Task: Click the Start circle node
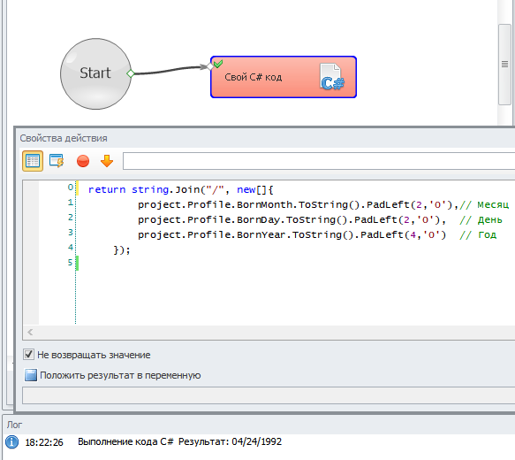point(95,73)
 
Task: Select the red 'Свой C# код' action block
point(284,77)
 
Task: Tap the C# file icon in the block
point(332,77)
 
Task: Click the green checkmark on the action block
point(218,64)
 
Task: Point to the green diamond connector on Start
point(131,73)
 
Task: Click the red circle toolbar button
point(83,161)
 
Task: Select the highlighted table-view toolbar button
point(33,161)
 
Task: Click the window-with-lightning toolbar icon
point(57,161)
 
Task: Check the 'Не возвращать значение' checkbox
point(28,355)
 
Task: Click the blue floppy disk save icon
point(31,375)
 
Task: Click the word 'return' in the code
point(107,189)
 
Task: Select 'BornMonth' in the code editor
point(264,205)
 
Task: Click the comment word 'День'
point(489,220)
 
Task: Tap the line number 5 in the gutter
point(70,263)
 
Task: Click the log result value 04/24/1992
point(256,441)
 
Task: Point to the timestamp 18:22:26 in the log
point(44,442)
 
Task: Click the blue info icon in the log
point(11,442)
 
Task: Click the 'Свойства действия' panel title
point(64,138)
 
